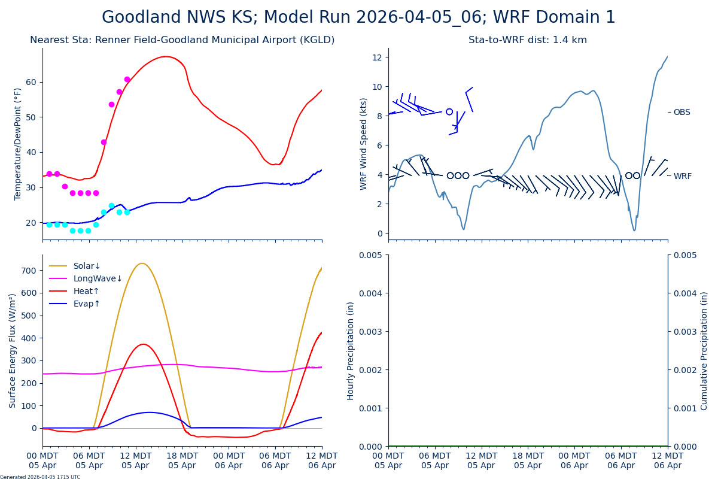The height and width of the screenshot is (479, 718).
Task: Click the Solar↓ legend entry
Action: (x=87, y=266)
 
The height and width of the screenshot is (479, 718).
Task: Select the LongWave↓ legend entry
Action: (x=98, y=279)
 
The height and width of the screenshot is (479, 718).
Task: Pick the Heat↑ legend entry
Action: (x=86, y=292)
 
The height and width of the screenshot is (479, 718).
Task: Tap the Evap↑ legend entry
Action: (x=87, y=304)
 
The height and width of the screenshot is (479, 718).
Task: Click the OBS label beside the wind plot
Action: (x=682, y=113)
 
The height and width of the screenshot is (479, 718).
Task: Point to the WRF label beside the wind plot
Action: (x=682, y=177)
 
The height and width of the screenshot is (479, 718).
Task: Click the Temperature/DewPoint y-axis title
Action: (x=19, y=144)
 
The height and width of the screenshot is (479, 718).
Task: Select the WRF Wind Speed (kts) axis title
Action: (x=364, y=144)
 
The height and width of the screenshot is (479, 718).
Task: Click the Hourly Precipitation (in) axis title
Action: (x=351, y=350)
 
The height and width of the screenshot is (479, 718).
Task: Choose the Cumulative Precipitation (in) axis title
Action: (x=704, y=350)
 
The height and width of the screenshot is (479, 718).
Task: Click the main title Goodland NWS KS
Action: (x=358, y=17)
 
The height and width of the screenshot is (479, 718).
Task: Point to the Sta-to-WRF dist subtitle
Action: (x=527, y=40)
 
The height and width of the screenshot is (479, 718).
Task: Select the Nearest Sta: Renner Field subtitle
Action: (x=182, y=40)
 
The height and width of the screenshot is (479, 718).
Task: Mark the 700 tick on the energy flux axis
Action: (x=29, y=271)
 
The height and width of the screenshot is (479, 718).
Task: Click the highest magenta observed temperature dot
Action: (x=127, y=79)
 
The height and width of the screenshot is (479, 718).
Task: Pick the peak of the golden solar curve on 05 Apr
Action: (x=142, y=263)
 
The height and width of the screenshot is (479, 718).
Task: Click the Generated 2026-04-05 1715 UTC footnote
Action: (x=40, y=477)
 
